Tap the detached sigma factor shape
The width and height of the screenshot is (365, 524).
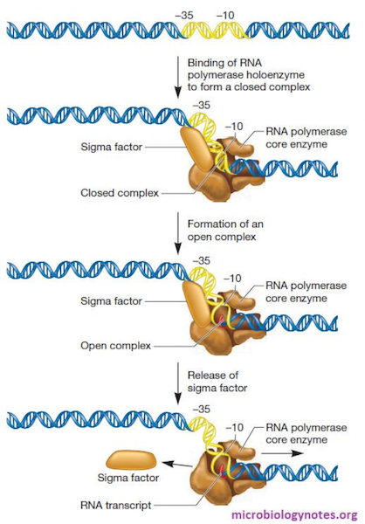click(x=130, y=460)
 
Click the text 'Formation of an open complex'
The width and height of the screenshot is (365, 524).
click(x=222, y=231)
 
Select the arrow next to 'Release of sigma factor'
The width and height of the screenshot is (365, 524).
click(x=179, y=384)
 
